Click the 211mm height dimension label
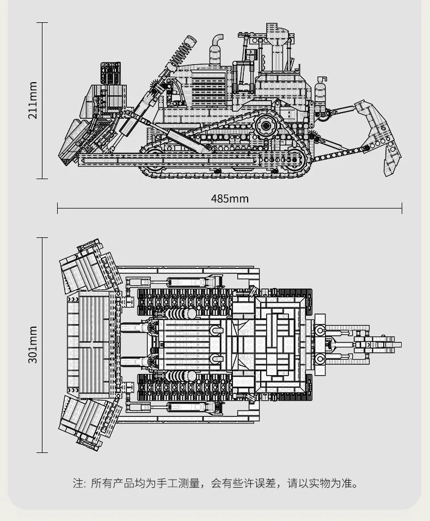click(33, 100)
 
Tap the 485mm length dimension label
click(229, 198)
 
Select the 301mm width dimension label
click(33, 345)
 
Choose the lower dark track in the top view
click(185, 388)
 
